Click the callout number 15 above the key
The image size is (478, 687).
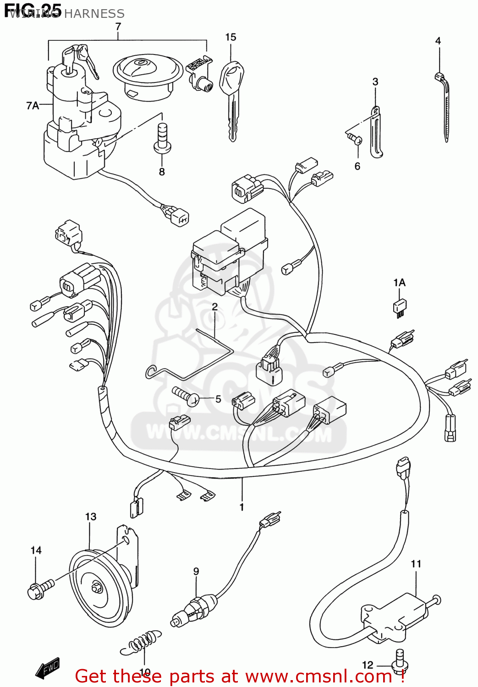pos(231,37)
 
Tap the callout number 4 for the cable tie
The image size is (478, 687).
pos(438,41)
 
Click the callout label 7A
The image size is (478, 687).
pos(33,106)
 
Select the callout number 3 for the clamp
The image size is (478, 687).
pos(375,82)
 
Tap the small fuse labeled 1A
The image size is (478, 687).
pos(400,306)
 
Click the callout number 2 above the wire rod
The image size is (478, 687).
pos(214,306)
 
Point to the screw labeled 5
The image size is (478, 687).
pos(185,396)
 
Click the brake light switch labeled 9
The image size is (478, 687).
pos(195,608)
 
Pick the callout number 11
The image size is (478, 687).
pos(416,564)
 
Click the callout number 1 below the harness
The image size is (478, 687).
pos(242,507)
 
